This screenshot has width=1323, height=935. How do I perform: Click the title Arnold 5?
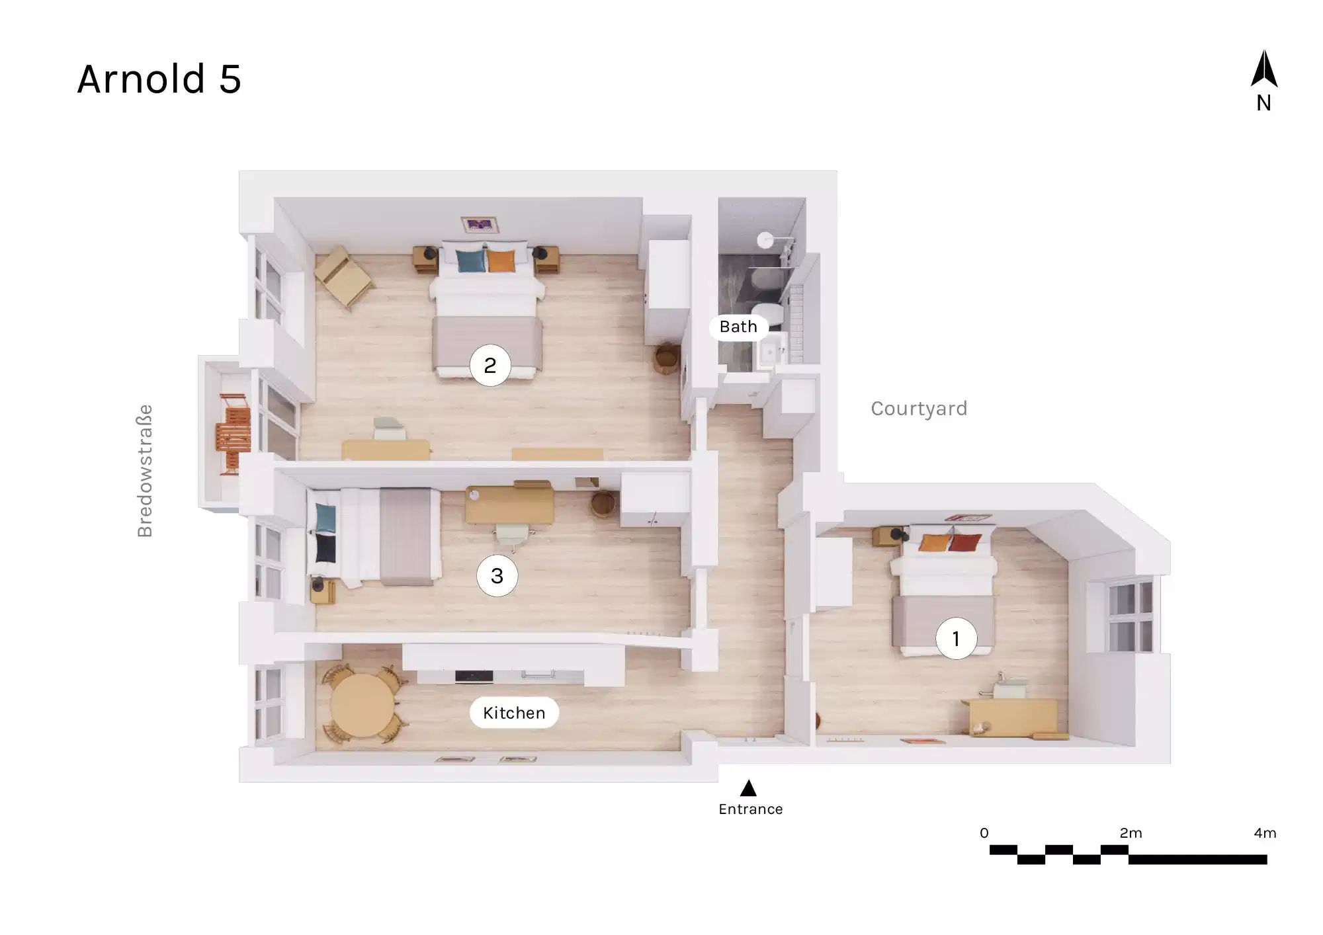click(159, 79)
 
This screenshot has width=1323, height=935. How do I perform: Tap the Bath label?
click(738, 327)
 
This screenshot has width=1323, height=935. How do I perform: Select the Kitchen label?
click(514, 713)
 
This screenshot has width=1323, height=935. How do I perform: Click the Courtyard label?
click(919, 409)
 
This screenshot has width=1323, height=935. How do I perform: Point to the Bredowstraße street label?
click(145, 471)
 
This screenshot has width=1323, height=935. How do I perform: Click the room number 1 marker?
click(956, 639)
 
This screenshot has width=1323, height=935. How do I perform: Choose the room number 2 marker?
click(490, 365)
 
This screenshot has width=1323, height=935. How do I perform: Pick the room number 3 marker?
click(497, 576)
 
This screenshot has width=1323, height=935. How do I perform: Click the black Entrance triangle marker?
click(748, 788)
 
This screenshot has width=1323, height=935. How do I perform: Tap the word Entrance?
click(751, 809)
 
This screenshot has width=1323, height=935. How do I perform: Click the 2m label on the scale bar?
click(1131, 833)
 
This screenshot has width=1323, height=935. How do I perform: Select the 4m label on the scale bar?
click(1265, 833)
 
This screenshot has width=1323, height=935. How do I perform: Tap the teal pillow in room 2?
click(471, 261)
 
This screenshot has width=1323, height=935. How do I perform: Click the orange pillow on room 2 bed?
click(501, 261)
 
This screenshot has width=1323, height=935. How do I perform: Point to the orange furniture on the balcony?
click(234, 434)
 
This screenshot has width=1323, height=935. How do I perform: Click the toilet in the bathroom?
click(769, 313)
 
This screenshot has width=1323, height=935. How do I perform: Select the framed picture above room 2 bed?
click(480, 225)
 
